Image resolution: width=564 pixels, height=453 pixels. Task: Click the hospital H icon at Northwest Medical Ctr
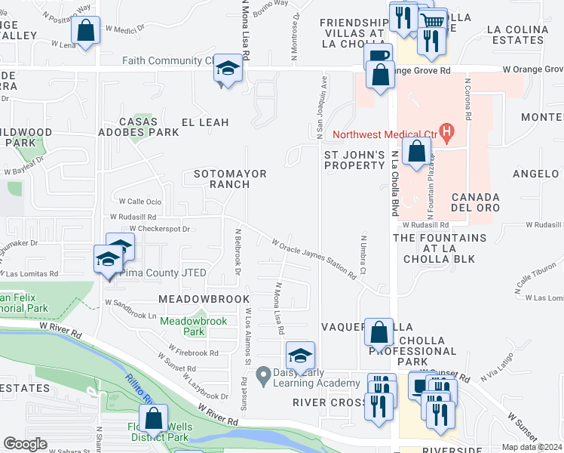[447, 134]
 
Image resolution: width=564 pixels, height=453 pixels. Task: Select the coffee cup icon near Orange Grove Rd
[378, 55]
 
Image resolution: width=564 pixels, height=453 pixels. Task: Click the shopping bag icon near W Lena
[86, 31]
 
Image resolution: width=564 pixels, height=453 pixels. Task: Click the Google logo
[25, 444]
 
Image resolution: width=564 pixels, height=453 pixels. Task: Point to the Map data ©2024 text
[531, 447]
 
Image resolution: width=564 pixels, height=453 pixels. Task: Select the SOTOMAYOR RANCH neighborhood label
[230, 179]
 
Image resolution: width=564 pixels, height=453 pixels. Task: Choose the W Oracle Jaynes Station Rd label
[314, 258]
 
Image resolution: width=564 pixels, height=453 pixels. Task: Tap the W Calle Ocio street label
[140, 202]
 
